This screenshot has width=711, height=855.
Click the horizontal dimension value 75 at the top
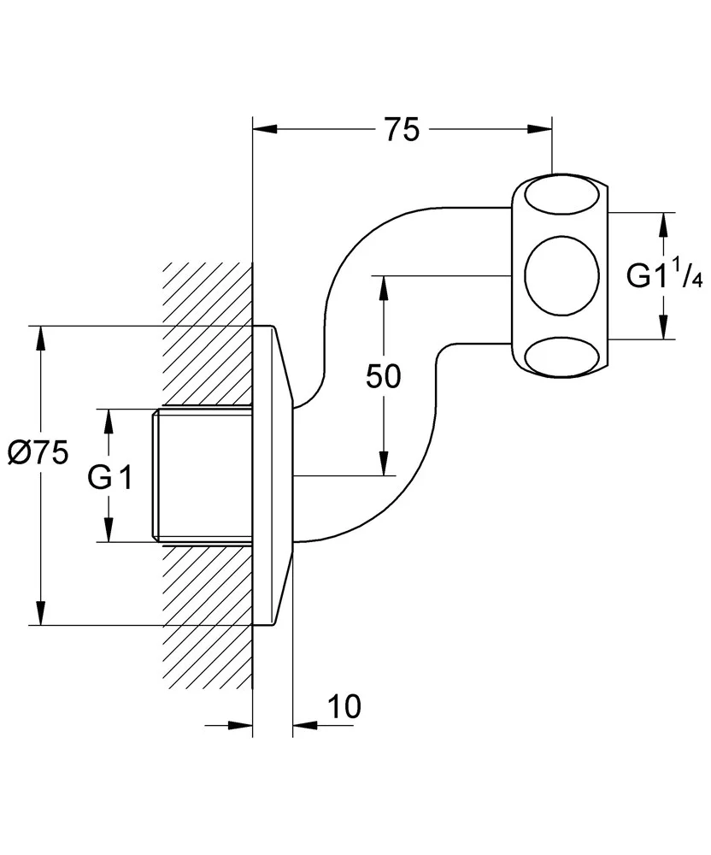pyautogui.click(x=401, y=130)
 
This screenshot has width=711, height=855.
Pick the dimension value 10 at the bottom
pyautogui.click(x=343, y=706)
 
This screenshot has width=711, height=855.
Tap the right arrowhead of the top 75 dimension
pyautogui.click(x=538, y=130)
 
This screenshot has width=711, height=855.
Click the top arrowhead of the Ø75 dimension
pyautogui.click(x=39, y=338)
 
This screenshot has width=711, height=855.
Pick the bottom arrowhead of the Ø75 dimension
pyautogui.click(x=39, y=613)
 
